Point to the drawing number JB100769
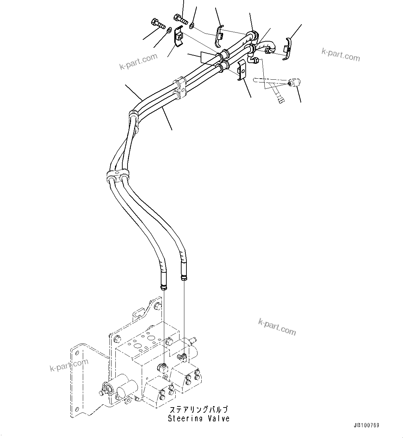pos(366,425)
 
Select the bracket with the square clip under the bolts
pos(179,36)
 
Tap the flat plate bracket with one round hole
pos(242,70)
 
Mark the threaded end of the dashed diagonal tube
pos(281,101)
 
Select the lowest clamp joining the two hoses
pos(116,175)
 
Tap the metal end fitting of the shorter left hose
pos(164,286)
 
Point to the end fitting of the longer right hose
pos(184,276)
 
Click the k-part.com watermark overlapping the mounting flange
pos(69,366)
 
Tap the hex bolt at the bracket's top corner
pos(158,306)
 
